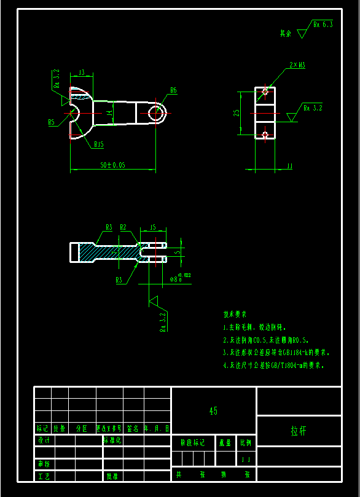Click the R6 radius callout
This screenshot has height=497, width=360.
pyautogui.click(x=173, y=90)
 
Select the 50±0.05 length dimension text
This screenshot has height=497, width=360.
pyautogui.click(x=112, y=165)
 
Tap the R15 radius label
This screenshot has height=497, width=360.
pyautogui.click(x=98, y=144)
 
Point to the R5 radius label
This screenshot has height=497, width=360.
pyautogui.click(x=52, y=122)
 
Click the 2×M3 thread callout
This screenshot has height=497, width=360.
pyautogui.click(x=297, y=65)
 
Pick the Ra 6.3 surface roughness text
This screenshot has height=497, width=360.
pyautogui.click(x=323, y=25)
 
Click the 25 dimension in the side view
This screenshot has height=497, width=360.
pyautogui.click(x=236, y=113)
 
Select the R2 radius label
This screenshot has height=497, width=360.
pyautogui.click(x=123, y=227)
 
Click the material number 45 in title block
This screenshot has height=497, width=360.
pyautogui.click(x=213, y=410)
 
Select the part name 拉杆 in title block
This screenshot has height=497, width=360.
pyautogui.click(x=298, y=431)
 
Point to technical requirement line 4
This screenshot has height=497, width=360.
pyautogui.click(x=272, y=365)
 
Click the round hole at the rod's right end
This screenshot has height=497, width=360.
pyautogui.click(x=156, y=113)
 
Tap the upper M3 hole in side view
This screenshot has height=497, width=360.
pyautogui.click(x=265, y=92)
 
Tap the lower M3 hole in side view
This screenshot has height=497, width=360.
pyautogui.click(x=265, y=134)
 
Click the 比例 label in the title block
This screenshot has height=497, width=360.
pyautogui.click(x=246, y=442)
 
